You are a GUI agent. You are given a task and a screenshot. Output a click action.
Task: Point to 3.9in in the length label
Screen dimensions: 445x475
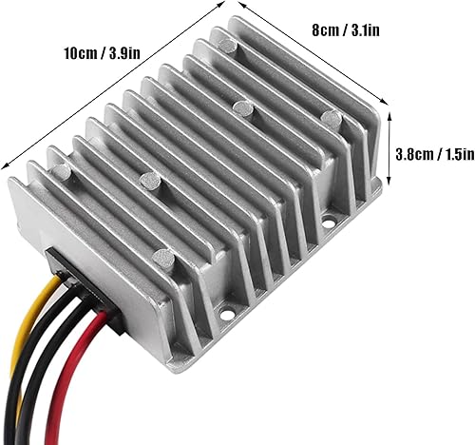pos(127,49)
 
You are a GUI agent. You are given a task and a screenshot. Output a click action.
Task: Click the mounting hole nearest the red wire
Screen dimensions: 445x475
pos(228,310)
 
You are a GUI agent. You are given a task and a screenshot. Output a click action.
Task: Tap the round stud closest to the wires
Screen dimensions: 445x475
pos(163,259)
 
